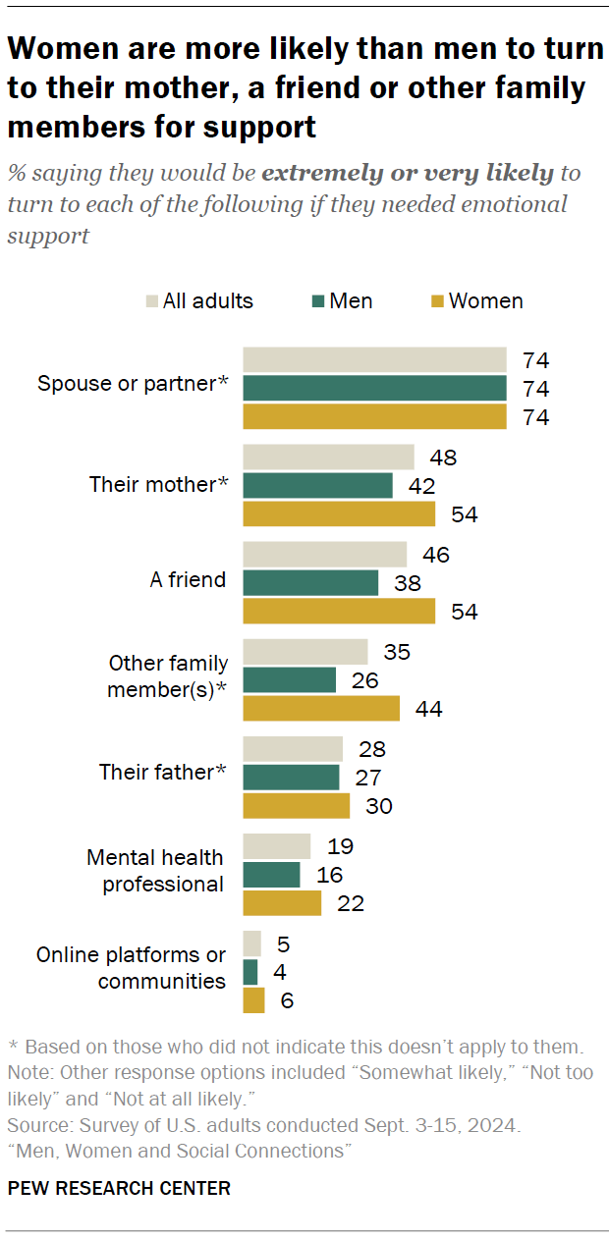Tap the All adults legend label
click(207, 301)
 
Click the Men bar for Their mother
click(317, 485)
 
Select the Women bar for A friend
click(339, 611)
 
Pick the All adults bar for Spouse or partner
click(374, 359)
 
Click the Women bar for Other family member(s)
click(321, 708)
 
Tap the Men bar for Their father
click(291, 778)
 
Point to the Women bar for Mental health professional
click(282, 902)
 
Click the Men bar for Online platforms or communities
click(250, 972)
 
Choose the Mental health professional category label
click(155, 871)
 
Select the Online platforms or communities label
click(131, 967)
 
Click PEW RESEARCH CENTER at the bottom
click(119, 1188)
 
